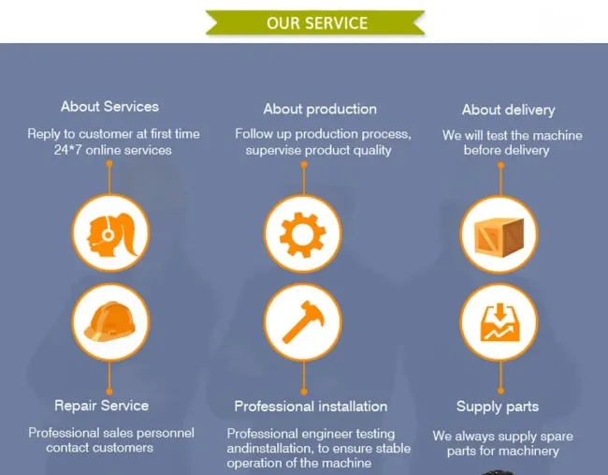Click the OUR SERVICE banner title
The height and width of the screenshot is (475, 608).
coord(317,23)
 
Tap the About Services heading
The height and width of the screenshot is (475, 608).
coord(109,107)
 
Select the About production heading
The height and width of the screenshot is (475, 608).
coord(320,109)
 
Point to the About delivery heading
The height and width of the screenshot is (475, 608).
coord(508,110)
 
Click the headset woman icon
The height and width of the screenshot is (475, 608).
coord(111,234)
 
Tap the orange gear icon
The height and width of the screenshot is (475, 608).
coord(302,235)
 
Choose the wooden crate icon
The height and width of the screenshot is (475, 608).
coord(499,237)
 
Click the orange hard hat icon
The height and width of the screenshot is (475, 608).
coord(110,321)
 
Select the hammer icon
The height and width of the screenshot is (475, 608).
coord(303,322)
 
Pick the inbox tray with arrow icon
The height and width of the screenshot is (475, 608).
coord(499,322)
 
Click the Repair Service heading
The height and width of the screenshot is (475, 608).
coord(102,406)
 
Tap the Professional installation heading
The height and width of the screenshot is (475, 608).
coord(311,407)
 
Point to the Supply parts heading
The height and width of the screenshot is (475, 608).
coord(498,407)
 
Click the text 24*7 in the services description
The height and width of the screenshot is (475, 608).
coord(68,150)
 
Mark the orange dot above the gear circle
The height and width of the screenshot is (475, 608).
coord(304,165)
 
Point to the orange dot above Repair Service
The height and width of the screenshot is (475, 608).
coord(109,391)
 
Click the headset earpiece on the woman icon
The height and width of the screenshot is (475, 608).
coord(108,234)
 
